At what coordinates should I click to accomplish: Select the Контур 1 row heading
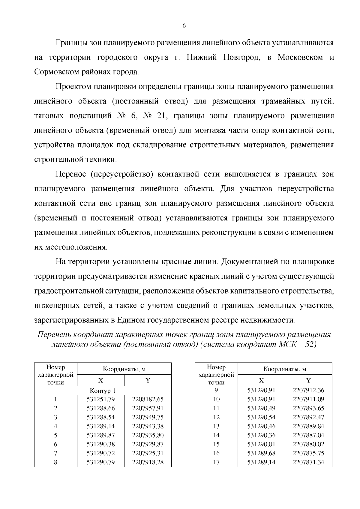click(x=103, y=391)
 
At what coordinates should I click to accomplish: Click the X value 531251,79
click(x=100, y=400)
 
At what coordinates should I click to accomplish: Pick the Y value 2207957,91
click(x=148, y=409)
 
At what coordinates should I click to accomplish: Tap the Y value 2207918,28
click(x=148, y=462)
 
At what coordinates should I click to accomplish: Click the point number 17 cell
click(x=216, y=462)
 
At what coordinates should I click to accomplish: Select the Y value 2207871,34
click(x=308, y=462)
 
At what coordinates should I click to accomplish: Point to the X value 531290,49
click(x=261, y=409)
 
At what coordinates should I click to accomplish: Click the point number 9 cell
click(x=216, y=391)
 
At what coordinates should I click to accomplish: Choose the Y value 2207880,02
click(x=308, y=444)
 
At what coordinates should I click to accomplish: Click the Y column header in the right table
click(x=308, y=381)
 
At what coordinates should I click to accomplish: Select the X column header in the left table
click(x=100, y=381)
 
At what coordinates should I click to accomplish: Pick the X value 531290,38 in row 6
click(x=100, y=444)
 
